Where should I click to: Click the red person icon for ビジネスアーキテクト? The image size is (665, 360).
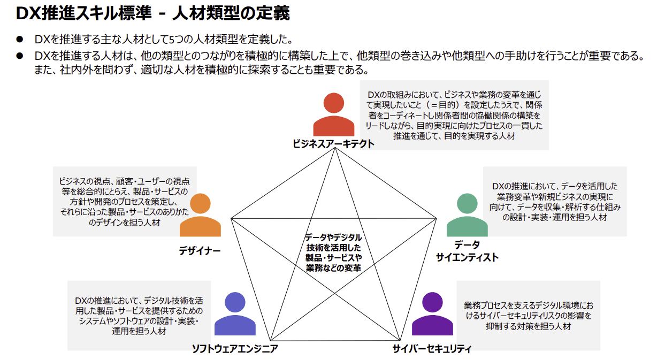tap(333, 116)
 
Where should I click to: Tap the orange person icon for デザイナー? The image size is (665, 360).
tap(200, 216)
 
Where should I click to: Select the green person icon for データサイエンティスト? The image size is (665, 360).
tap(467, 216)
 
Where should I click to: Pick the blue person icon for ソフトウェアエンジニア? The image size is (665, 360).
tap(235, 315)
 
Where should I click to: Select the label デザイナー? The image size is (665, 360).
tap(200, 251)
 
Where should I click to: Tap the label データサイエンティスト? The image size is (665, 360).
tap(467, 251)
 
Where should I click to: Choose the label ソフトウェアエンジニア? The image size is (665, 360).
tap(235, 349)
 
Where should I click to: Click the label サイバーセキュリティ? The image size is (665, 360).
tap(432, 349)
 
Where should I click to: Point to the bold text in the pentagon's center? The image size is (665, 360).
tap(333, 252)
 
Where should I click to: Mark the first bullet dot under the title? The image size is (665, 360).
tap(20, 40)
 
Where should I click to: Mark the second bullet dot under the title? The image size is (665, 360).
tap(20, 56)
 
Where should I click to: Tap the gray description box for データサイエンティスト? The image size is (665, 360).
tap(555, 201)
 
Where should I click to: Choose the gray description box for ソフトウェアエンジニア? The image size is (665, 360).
tap(139, 316)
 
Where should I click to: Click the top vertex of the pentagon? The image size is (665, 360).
tap(335, 148)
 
